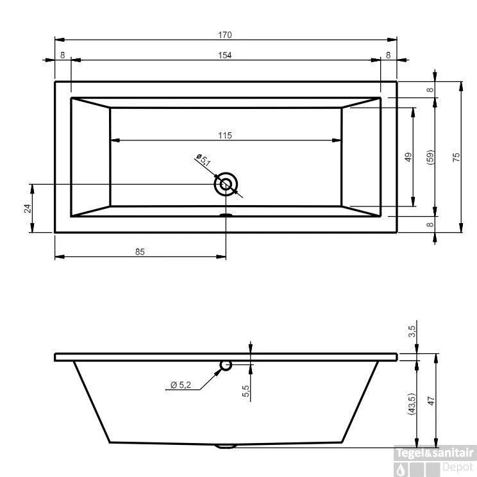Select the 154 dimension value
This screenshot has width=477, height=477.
(224, 56)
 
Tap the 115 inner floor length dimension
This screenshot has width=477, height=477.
(224, 135)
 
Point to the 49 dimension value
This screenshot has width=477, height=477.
(408, 157)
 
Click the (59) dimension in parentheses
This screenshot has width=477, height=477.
(430, 157)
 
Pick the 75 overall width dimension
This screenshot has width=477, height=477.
(456, 157)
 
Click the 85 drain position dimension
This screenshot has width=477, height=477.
(140, 252)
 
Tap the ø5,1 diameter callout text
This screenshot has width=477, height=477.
(204, 160)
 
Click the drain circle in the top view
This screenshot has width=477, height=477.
(226, 185)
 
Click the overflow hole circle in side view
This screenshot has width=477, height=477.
(226, 365)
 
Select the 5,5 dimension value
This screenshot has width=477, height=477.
(246, 390)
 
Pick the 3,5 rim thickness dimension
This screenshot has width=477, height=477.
(412, 331)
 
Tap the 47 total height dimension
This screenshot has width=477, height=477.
(431, 400)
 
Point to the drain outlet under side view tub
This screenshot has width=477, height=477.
(226, 446)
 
